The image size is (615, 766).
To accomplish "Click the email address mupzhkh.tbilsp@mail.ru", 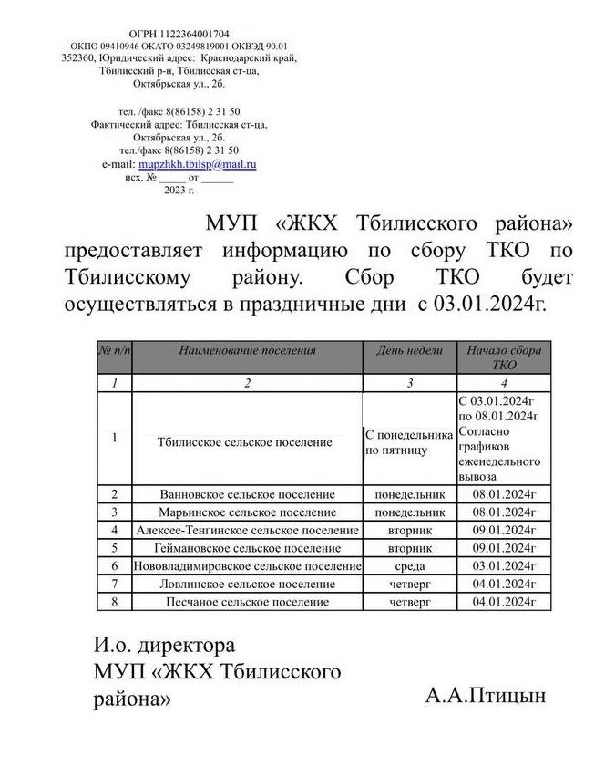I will tap(203, 163).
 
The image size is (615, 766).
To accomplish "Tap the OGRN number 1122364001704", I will tap(179, 34).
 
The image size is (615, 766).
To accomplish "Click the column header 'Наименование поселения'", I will tap(247, 349).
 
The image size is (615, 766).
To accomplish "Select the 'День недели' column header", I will tap(409, 349).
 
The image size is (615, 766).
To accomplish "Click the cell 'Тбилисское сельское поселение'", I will tap(244, 442).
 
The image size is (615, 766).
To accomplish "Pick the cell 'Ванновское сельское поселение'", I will tap(247, 494).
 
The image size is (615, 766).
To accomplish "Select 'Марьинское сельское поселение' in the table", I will tap(247, 512).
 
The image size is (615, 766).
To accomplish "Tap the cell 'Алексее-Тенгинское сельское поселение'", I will tap(247, 530).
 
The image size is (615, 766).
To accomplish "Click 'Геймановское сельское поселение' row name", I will tap(247, 548).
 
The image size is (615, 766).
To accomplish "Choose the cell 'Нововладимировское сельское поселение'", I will tap(247, 566).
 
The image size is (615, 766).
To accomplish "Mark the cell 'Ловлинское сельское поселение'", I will tap(247, 584).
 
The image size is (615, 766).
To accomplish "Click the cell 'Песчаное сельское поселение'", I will tap(247, 602).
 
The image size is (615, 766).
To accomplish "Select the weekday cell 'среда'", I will tap(409, 566).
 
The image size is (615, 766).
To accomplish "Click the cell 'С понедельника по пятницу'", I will tap(409, 442).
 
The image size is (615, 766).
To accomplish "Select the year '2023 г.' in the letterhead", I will tap(179, 190).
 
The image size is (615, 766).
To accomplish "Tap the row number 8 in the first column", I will tap(115, 602).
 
